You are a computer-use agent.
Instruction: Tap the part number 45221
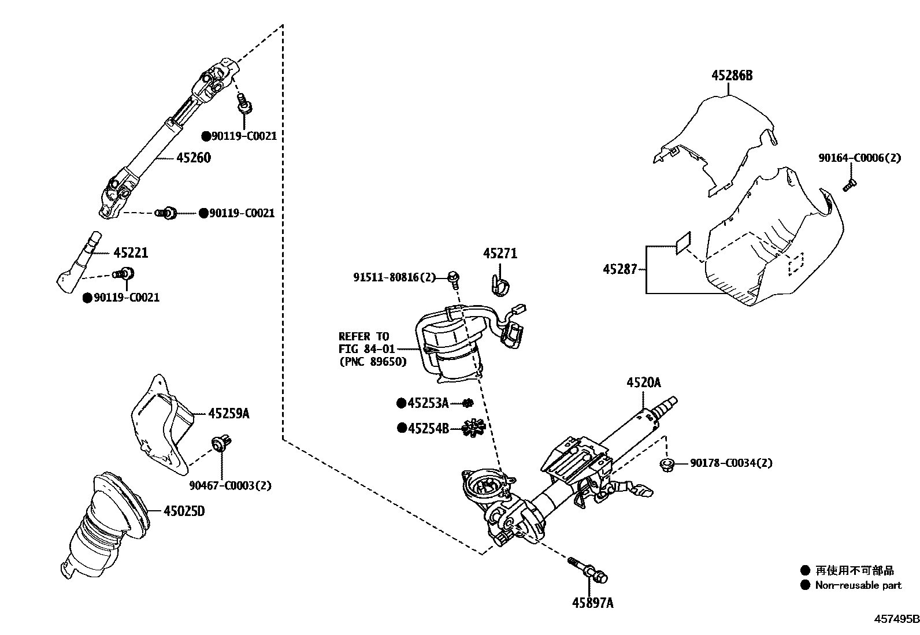(131, 252)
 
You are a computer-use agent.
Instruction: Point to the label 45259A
(229, 414)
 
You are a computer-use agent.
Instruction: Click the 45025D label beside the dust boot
(184, 511)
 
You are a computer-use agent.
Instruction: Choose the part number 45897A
(592, 603)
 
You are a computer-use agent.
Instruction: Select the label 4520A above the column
(643, 383)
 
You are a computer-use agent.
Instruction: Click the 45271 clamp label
(500, 254)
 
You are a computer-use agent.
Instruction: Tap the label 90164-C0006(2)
(859, 158)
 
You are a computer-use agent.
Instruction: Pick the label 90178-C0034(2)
(731, 463)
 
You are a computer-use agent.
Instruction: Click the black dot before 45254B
(401, 428)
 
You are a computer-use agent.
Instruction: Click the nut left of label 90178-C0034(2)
(667, 464)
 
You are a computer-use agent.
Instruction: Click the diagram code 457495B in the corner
(895, 619)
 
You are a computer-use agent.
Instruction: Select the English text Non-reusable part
(858, 585)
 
